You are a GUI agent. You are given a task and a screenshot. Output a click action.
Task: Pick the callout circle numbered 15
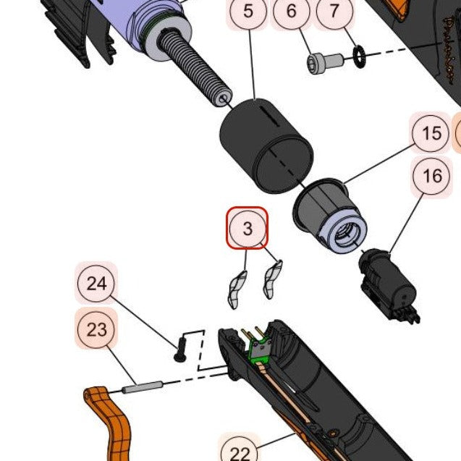tap(431, 134)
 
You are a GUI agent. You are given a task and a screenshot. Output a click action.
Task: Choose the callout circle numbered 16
tap(432, 176)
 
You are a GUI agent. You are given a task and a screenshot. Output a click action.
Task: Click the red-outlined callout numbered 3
tap(248, 229)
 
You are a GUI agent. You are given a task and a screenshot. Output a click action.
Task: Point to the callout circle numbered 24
tap(96, 283)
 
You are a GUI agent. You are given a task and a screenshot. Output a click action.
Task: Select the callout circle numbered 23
tap(96, 330)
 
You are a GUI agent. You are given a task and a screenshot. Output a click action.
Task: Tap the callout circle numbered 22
tap(240, 452)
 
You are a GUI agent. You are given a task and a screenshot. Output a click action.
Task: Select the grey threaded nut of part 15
tap(329, 216)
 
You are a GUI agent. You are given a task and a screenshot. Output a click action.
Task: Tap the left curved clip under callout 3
tap(237, 289)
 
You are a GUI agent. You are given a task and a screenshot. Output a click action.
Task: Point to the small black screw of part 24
tap(179, 349)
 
